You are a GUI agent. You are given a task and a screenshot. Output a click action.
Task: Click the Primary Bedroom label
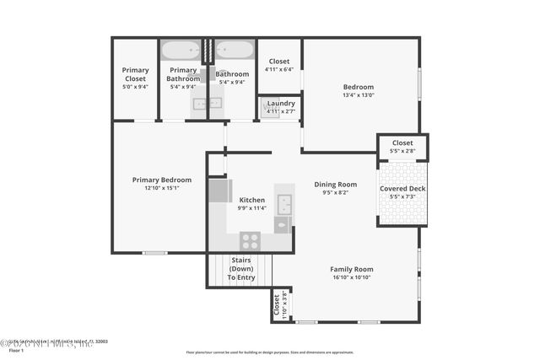[x=162, y=180]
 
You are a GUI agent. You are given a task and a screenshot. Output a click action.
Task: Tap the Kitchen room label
[x=251, y=200]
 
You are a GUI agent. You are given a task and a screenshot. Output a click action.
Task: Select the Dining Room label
[x=335, y=184]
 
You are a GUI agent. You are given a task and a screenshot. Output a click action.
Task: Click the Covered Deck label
[x=402, y=188]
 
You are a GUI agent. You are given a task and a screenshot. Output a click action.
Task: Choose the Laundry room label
[x=280, y=103]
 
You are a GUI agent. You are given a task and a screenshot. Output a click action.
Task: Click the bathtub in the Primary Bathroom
[x=181, y=50]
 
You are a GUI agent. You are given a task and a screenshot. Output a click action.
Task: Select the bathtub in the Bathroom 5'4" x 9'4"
[x=234, y=50]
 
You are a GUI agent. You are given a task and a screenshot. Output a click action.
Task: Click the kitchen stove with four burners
[x=250, y=240]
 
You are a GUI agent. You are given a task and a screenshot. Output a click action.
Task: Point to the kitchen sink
[x=284, y=204]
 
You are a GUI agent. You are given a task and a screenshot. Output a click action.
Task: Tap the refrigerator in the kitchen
[x=219, y=191]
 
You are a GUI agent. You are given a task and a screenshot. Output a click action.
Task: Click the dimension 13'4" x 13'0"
[x=358, y=95]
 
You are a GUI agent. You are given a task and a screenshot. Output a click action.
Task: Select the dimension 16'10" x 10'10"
[x=351, y=277]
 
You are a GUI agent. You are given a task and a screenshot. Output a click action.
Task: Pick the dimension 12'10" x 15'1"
[x=162, y=188]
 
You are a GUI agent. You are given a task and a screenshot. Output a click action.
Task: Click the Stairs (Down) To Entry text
[x=240, y=268]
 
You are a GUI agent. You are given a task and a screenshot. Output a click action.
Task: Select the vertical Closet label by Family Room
[x=276, y=306]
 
